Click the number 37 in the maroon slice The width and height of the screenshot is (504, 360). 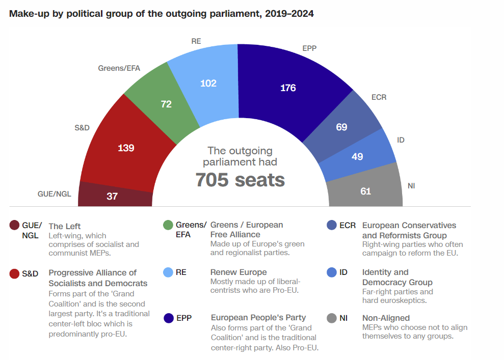[x=112, y=196]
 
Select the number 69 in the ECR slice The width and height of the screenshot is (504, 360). [x=341, y=127]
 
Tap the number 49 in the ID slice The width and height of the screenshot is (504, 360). [x=357, y=156]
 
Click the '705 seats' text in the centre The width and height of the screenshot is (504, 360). [x=240, y=180]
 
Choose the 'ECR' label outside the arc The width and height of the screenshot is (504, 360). [x=379, y=97]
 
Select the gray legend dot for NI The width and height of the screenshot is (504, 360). [x=332, y=318]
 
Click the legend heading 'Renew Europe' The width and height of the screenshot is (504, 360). [x=238, y=272]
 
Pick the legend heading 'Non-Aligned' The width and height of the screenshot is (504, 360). [x=386, y=318]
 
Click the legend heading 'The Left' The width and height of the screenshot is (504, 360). [x=65, y=226]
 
